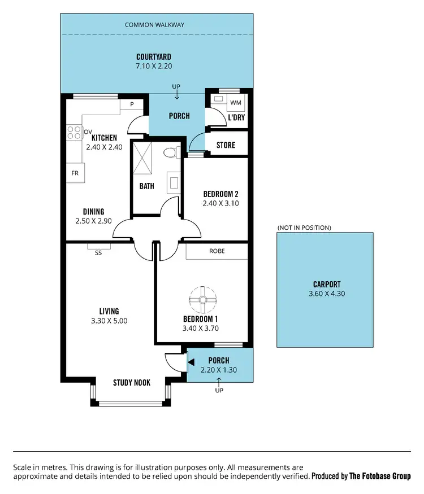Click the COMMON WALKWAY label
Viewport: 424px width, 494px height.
point(154,25)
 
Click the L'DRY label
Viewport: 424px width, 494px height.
point(236,117)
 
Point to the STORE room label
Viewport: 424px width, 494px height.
point(226,145)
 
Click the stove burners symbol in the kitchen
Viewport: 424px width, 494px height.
point(74,132)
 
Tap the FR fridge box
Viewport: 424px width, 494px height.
point(75,173)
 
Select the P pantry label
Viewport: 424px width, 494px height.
point(131,104)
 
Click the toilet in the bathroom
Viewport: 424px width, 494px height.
point(170,153)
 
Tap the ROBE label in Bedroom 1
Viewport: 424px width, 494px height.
point(217,251)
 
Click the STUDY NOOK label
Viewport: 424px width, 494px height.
point(131,383)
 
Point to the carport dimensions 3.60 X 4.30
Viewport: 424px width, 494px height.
point(327,294)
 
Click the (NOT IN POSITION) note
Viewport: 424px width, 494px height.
point(304,228)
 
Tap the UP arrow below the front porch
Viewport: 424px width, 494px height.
point(218,388)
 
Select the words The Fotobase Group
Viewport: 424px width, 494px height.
point(380,476)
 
